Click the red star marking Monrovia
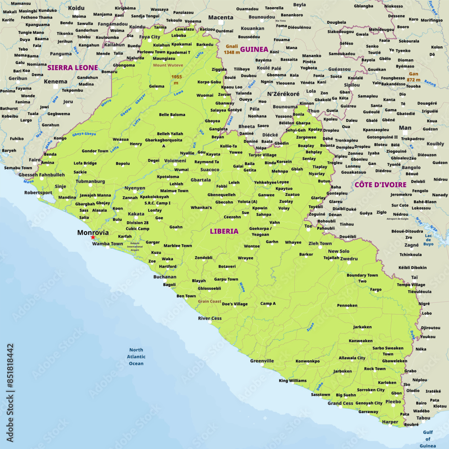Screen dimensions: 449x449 pos(93,237)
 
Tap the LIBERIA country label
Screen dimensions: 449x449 pos(224,231)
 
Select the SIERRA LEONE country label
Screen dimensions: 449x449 pos(72,68)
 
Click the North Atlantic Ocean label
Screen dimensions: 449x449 pos(136,357)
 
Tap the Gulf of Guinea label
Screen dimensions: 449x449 pos(427,439)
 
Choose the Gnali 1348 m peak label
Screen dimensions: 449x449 pos(232,49)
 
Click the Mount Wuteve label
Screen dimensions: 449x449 pos(168,65)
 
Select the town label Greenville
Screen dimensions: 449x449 pos(262,361)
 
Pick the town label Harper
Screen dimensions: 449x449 pos(390,422)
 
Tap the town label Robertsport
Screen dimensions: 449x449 pos(38,192)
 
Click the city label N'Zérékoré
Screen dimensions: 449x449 pos(283,94)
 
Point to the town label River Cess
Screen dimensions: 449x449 pos(210,318)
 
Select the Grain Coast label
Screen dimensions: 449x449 pos(209,301)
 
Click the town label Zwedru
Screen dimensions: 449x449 pos(349,259)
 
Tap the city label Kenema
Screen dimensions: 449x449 pos(56,82)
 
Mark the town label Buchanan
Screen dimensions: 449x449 pos(165,277)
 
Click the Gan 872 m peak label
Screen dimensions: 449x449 pos(414,76)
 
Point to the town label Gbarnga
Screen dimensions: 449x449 pos(200,180)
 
